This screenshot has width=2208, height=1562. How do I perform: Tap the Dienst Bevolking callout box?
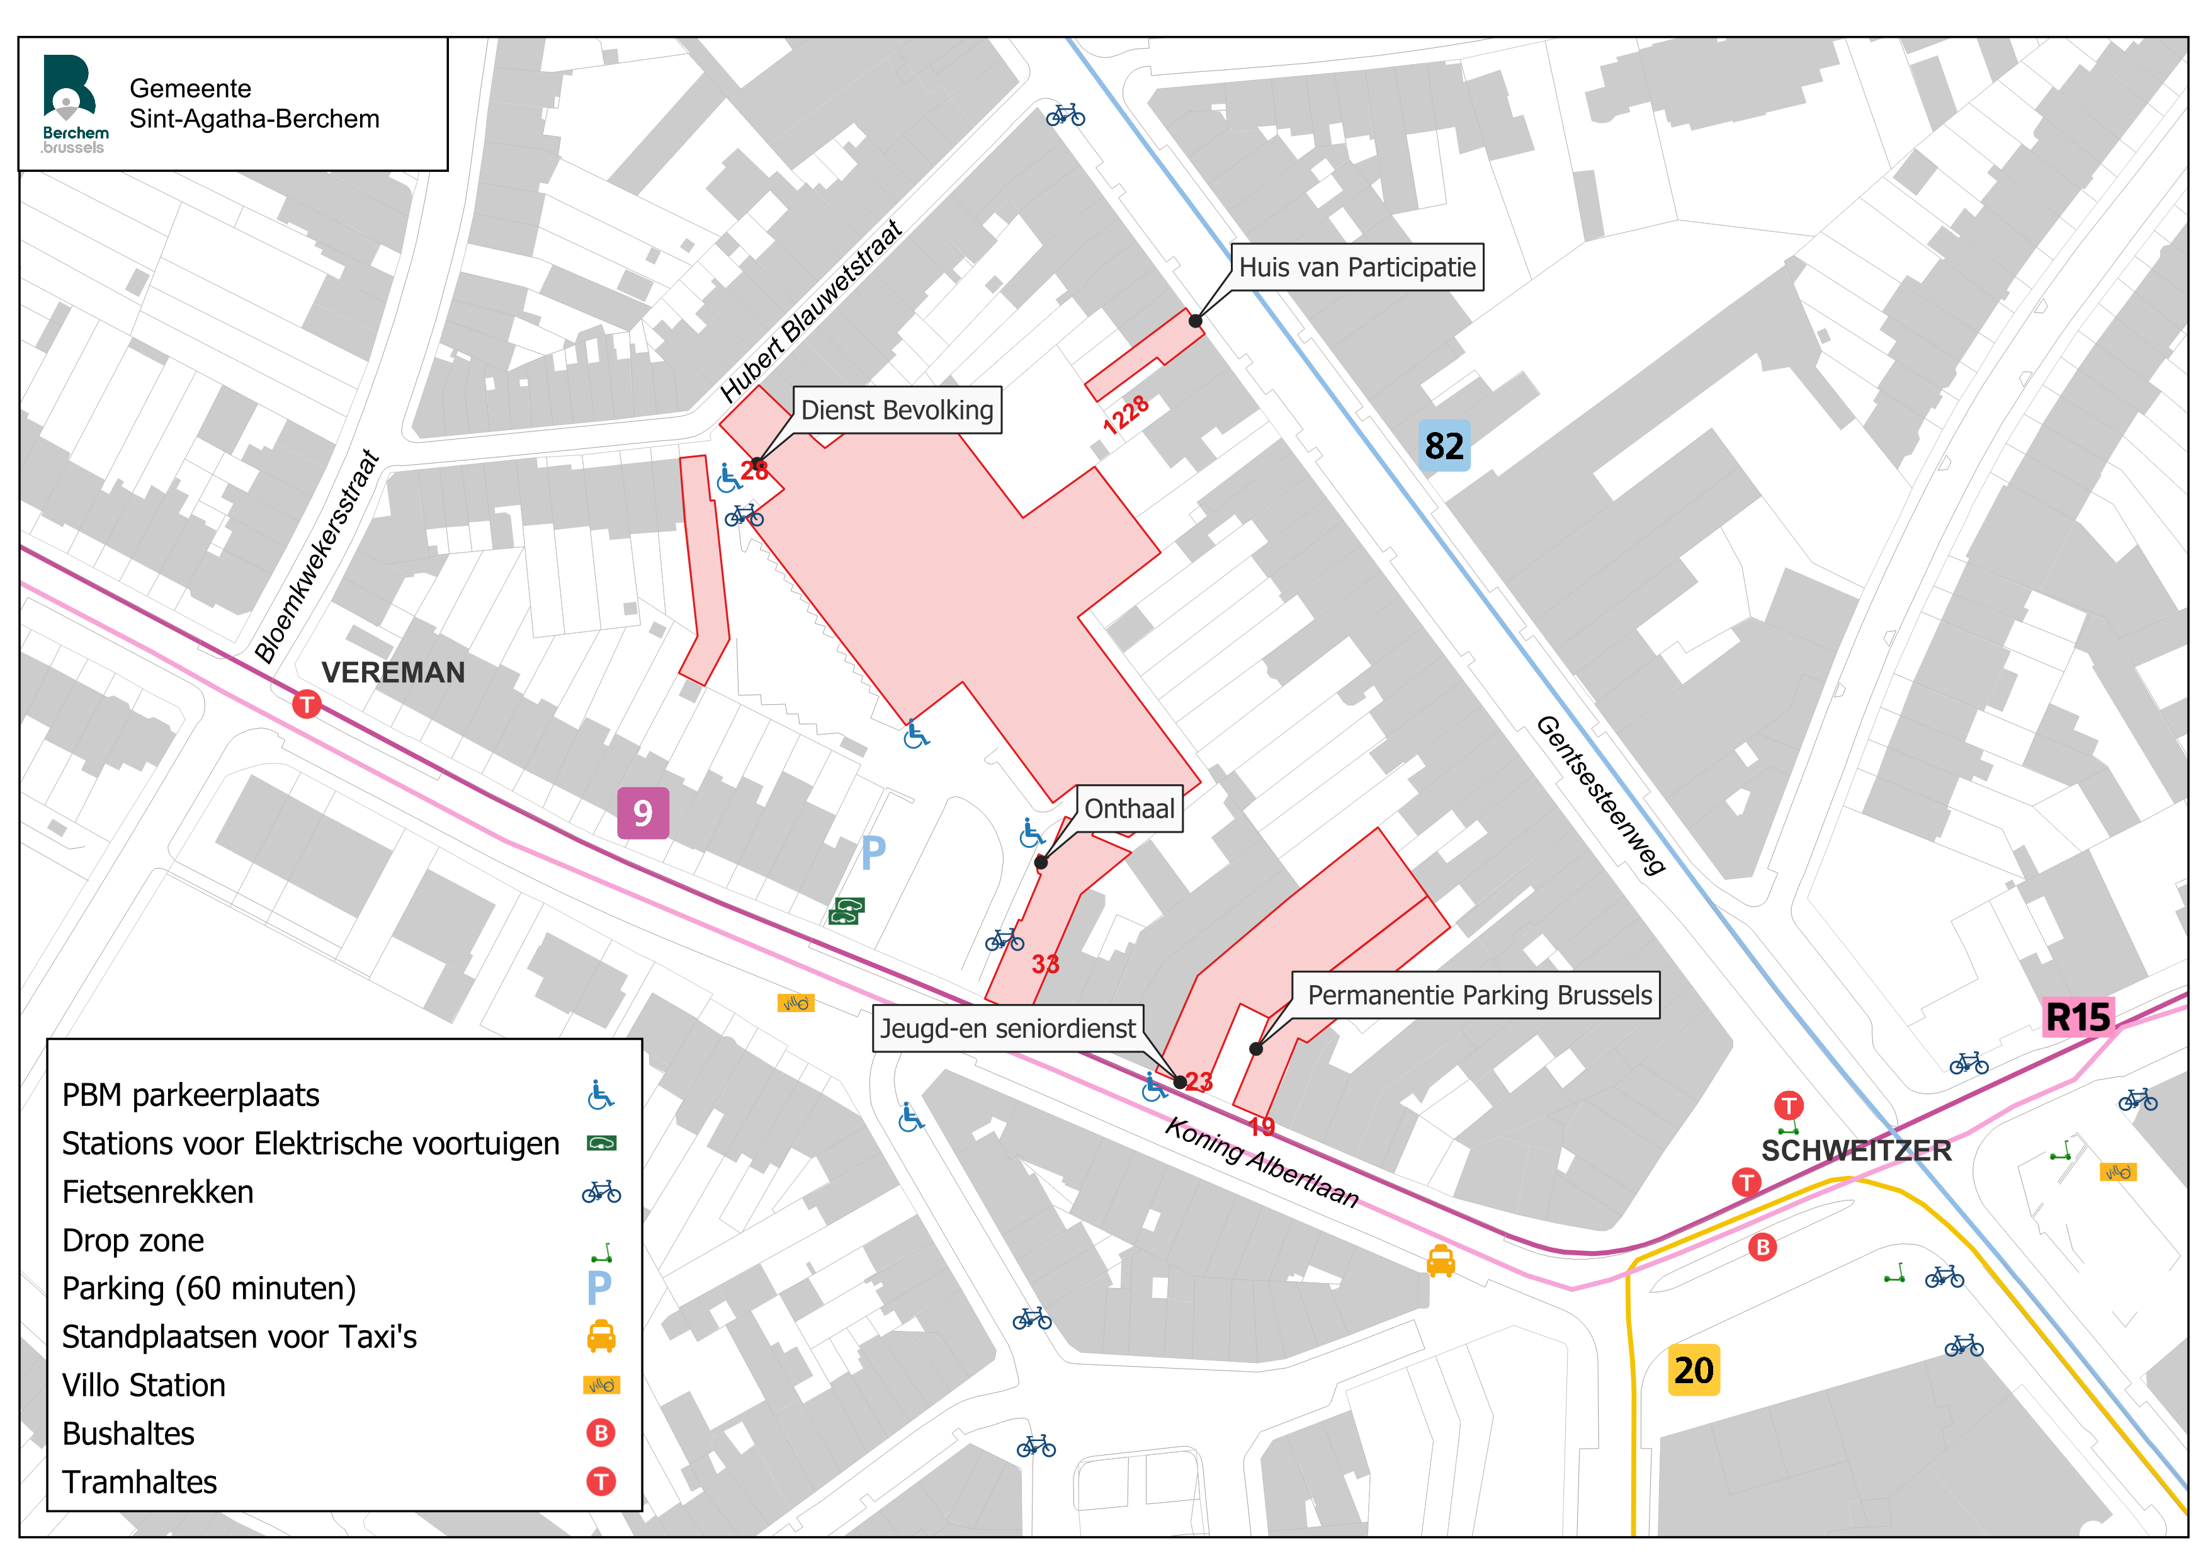click(897, 410)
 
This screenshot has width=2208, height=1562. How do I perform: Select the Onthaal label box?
click(1129, 809)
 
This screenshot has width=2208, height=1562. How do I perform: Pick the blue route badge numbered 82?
click(1444, 445)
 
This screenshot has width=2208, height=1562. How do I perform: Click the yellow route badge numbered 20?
click(1694, 1370)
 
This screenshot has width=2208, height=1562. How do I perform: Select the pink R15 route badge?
click(2078, 1017)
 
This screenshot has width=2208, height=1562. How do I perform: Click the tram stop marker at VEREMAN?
click(307, 704)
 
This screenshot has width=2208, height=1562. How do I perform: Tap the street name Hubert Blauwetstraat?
click(812, 310)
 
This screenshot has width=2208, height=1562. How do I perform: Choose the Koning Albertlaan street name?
click(1262, 1162)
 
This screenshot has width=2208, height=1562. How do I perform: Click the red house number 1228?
click(1126, 414)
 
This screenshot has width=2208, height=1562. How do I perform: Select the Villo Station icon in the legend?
click(601, 1385)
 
